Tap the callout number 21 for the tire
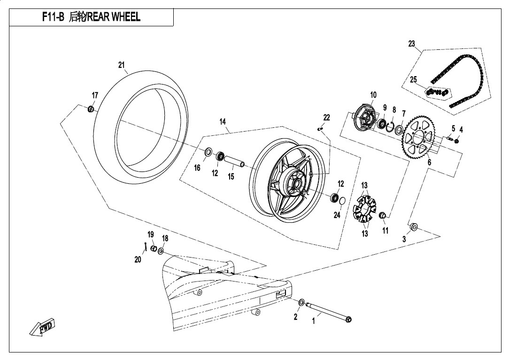click(122, 65)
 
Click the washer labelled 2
click(301, 302)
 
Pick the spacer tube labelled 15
click(235, 161)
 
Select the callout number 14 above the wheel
click(223, 122)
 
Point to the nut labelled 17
click(91, 109)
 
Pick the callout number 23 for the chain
click(411, 44)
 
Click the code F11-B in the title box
click(53, 17)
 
